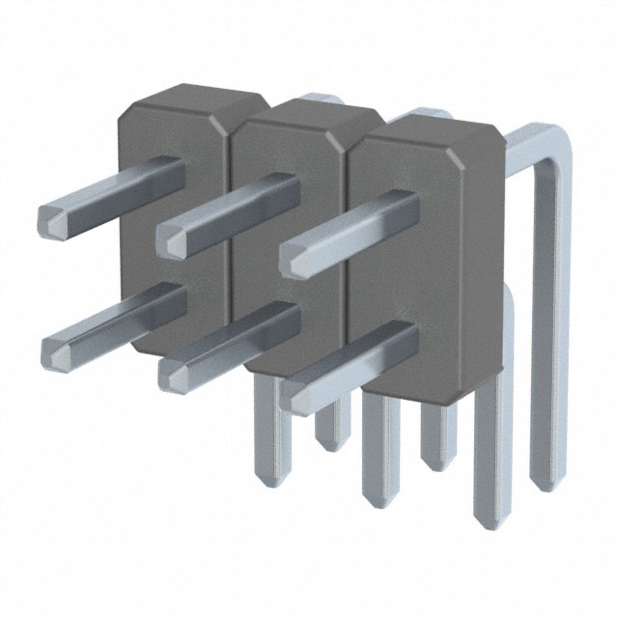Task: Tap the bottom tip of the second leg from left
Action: tap(330, 446)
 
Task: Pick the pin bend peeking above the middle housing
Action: tap(319, 99)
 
